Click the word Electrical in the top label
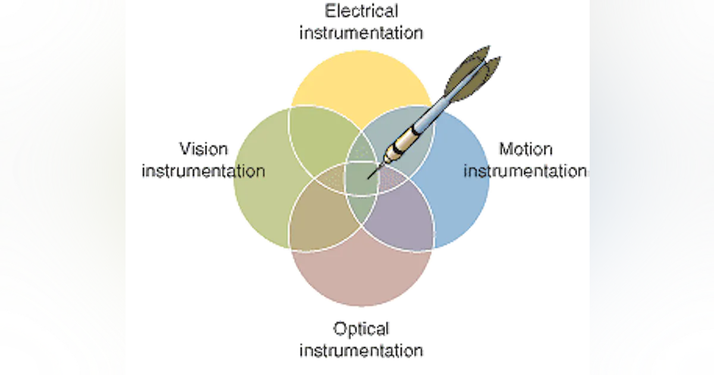(361, 11)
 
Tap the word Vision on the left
(203, 149)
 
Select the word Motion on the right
(525, 149)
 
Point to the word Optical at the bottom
(361, 329)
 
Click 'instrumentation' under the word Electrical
(361, 33)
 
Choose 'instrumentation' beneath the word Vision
(203, 171)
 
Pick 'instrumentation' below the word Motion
(525, 171)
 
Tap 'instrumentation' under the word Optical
(361, 351)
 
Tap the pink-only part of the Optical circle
(361, 274)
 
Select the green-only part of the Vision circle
(265, 179)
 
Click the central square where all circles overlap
(361, 178)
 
